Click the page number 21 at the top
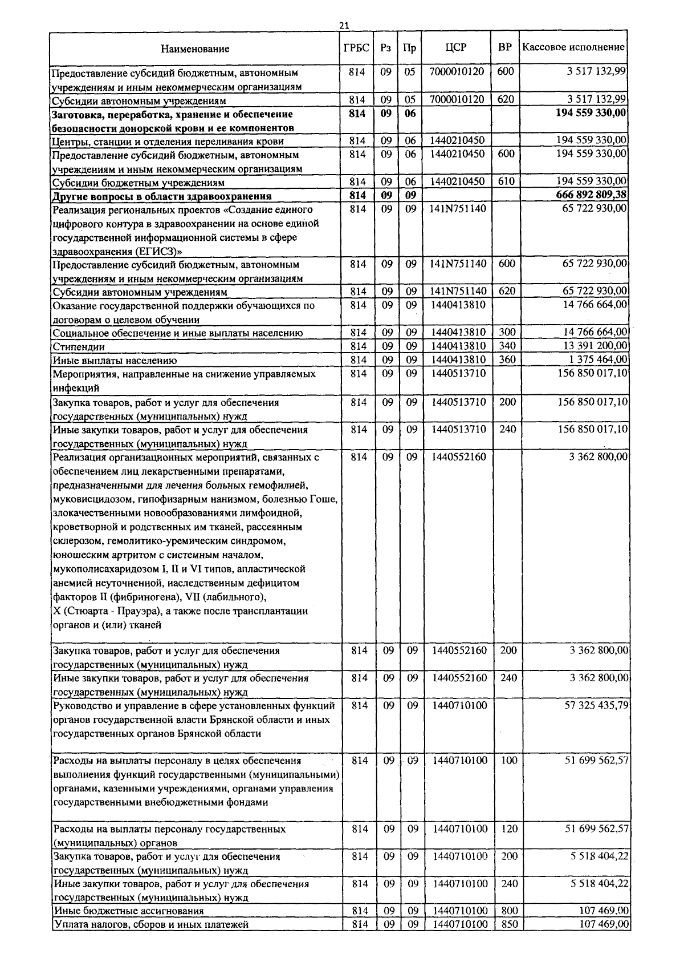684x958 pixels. (x=344, y=25)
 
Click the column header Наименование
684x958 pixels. (x=195, y=48)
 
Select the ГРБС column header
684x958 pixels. (x=357, y=47)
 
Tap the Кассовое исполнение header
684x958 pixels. (x=573, y=47)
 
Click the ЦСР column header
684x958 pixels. (x=456, y=47)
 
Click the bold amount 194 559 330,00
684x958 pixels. (x=591, y=113)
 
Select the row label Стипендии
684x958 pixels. (x=79, y=347)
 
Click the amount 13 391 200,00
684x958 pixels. (x=595, y=346)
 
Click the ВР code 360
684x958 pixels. (x=507, y=359)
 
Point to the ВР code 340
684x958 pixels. (x=507, y=346)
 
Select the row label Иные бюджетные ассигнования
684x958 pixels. (x=128, y=911)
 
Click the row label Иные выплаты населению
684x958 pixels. (x=115, y=361)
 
